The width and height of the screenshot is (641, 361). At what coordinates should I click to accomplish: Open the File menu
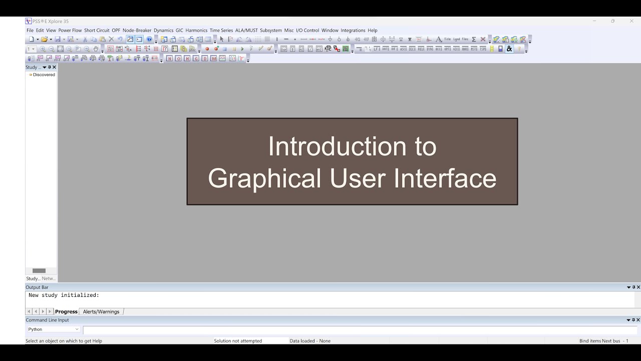30,31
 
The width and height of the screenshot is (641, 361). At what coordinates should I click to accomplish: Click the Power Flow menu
70,31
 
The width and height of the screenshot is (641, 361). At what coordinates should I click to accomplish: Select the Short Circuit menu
97,31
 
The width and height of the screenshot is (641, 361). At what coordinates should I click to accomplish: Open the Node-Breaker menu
137,31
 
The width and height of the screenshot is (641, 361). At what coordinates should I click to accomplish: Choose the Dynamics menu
163,31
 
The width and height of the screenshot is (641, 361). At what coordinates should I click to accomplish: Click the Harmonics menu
196,31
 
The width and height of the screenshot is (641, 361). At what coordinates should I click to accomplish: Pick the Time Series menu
221,31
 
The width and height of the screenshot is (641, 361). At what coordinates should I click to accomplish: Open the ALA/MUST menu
246,31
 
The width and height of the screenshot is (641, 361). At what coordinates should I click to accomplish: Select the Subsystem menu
271,31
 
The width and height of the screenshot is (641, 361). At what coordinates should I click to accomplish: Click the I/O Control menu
307,31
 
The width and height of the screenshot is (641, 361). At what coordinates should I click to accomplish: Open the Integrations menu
353,31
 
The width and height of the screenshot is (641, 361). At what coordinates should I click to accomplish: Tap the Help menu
373,31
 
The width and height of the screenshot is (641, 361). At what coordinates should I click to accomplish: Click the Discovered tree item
44,75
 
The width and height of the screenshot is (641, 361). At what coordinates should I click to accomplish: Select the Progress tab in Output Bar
66,312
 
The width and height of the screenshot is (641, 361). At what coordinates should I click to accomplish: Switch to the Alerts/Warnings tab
101,312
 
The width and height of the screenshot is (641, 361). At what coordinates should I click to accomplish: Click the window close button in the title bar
631,21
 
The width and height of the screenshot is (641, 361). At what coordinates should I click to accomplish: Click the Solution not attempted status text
238,341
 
